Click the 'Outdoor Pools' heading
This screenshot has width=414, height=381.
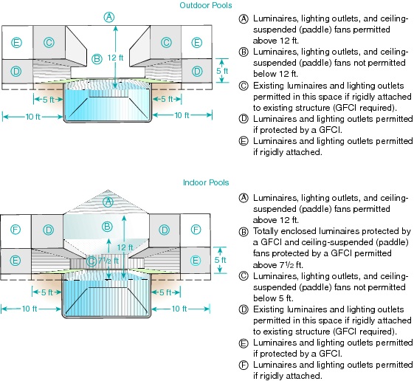(x=206, y=5)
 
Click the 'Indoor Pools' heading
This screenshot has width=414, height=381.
(x=206, y=182)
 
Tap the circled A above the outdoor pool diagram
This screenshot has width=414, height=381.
(x=108, y=17)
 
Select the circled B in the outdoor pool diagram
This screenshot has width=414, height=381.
(x=97, y=58)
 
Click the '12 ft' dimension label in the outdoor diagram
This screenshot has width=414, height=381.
(x=115, y=58)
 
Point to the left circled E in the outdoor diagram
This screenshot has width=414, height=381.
(x=16, y=43)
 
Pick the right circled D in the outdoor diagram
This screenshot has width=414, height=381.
(x=197, y=71)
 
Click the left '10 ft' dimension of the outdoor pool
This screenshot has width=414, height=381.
(x=32, y=117)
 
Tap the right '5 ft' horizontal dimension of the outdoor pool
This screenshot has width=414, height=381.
(x=167, y=99)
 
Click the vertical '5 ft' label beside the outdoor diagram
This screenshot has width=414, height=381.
(x=222, y=71)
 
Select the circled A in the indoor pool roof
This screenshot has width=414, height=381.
(x=108, y=202)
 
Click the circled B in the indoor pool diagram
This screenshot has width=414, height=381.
(x=107, y=227)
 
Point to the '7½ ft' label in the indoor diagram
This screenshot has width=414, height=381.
(x=108, y=261)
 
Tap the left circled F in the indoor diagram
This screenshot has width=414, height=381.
(x=15, y=230)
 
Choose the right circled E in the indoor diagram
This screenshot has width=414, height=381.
(x=195, y=261)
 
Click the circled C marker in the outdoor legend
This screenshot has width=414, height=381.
(x=244, y=86)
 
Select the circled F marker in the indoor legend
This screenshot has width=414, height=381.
(x=244, y=365)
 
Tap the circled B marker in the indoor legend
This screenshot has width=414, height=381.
(x=244, y=232)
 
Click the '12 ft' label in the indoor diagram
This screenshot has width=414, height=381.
(x=125, y=247)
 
